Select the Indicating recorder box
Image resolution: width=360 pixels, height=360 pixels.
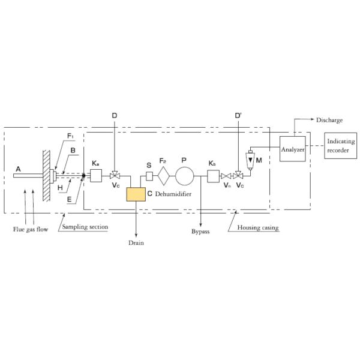pyautogui.click(x=340, y=145)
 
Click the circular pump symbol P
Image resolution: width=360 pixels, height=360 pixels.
pyautogui.click(x=185, y=176)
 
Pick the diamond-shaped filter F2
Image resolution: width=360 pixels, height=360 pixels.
pyautogui.click(x=164, y=176)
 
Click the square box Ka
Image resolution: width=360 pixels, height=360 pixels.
pyautogui.click(x=96, y=176)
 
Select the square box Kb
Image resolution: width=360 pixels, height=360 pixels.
pyautogui.click(x=213, y=176)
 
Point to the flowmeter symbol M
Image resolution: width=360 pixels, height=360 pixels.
pyautogui.click(x=251, y=161)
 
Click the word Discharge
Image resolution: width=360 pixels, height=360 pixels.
pyautogui.click(x=329, y=120)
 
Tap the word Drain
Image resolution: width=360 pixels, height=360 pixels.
pyautogui.click(x=136, y=243)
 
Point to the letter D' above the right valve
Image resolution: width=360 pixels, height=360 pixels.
pyautogui.click(x=239, y=114)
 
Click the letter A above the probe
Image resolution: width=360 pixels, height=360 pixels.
pyautogui.click(x=19, y=170)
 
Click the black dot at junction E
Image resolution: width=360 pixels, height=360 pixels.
pyautogui.click(x=83, y=176)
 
